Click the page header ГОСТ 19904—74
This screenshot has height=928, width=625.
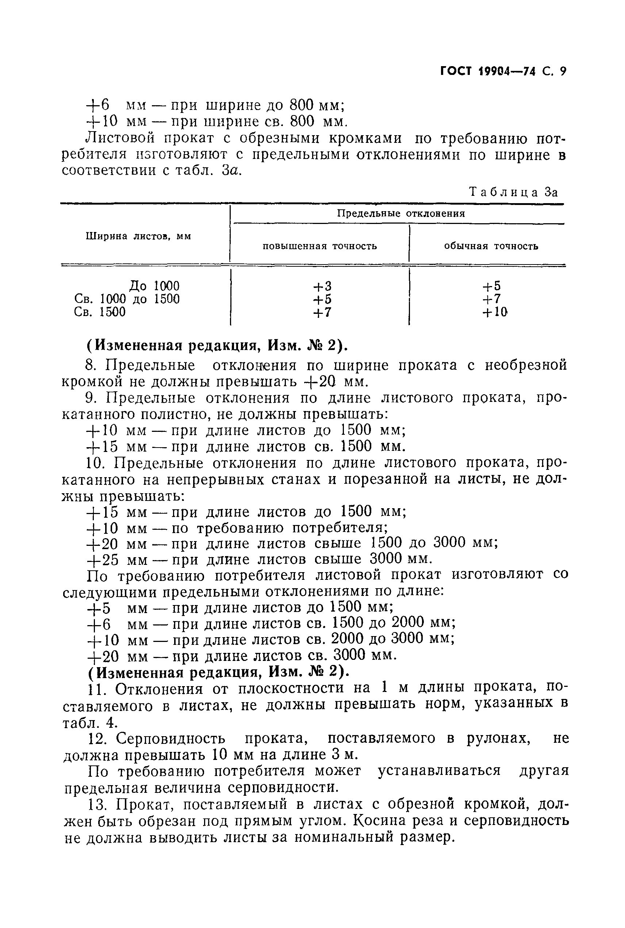tap(487, 71)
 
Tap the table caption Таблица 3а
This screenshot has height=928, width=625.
tap(513, 192)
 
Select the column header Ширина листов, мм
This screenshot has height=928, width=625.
tap(138, 236)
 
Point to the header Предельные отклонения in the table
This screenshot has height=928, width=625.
tap(401, 214)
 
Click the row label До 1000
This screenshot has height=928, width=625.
tap(155, 286)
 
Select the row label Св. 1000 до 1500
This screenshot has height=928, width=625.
tap(127, 299)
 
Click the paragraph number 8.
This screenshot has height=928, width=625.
tap(91, 365)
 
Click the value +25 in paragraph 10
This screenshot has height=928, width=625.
tap(103, 560)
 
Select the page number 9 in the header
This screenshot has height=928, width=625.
tap(563, 71)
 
